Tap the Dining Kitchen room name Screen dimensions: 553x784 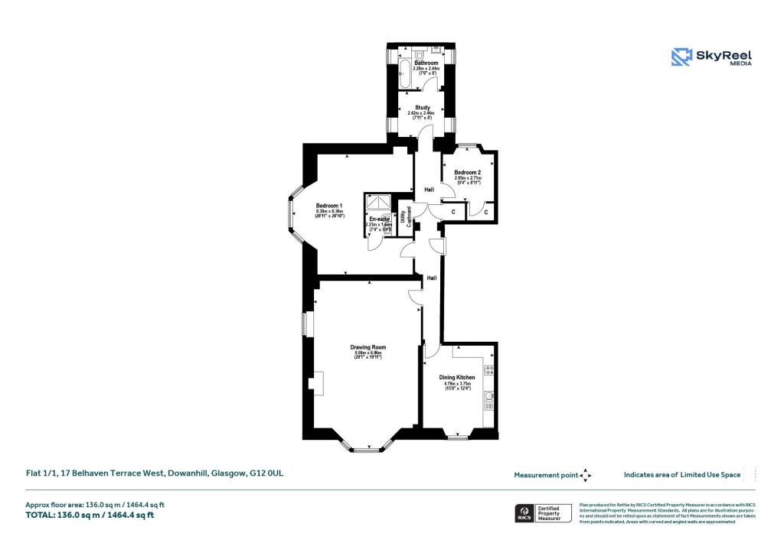pyautogui.click(x=457, y=378)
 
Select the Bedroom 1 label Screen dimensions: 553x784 pyautogui.click(x=328, y=205)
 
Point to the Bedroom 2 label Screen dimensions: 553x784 pyautogui.click(x=467, y=173)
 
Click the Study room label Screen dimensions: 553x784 pyautogui.click(x=423, y=108)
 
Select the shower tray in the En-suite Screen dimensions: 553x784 pyautogui.click(x=377, y=203)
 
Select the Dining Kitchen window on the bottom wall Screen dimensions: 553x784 pyautogui.click(x=457, y=438)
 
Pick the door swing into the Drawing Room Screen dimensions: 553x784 pyautogui.click(x=416, y=298)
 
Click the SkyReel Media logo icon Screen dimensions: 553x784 pyautogui.click(x=681, y=57)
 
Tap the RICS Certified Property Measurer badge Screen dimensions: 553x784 pyautogui.click(x=541, y=512)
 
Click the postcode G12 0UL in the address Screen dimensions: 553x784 pyautogui.click(x=269, y=473)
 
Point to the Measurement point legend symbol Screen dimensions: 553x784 pyautogui.click(x=586, y=475)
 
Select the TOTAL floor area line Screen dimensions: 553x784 pyautogui.click(x=90, y=515)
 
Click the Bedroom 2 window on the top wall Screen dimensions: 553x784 pyautogui.click(x=467, y=145)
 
